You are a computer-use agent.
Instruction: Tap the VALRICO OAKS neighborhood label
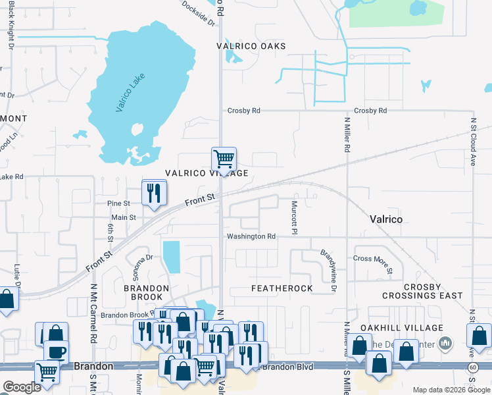pos(252,46)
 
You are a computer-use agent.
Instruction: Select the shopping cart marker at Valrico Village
pos(224,159)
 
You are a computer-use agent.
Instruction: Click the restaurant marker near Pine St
pos(155,192)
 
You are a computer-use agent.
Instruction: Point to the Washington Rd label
pos(251,236)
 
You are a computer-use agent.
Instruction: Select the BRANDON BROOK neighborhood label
pos(147,288)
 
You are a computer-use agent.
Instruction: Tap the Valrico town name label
pos(386,219)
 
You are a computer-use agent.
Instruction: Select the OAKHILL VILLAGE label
pos(401,327)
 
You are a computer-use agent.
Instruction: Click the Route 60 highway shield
pos(473,366)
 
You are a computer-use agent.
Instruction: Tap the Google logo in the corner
pos(22,387)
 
